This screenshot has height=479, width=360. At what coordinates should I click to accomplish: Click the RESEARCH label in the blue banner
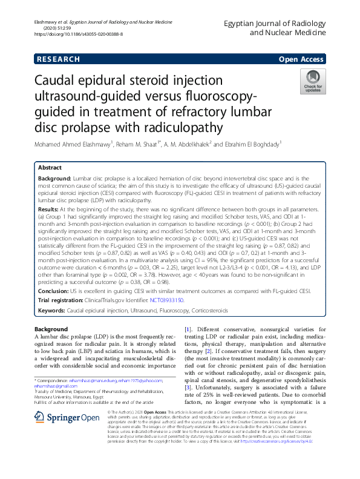coord(58,59)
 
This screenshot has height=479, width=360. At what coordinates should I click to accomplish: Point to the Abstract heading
coord(50,167)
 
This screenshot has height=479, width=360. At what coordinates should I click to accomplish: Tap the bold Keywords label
coord(51,310)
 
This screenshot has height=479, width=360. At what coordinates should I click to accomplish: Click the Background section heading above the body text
coord(51,329)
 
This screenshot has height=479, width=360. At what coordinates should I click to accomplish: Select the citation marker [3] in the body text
coord(188,386)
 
